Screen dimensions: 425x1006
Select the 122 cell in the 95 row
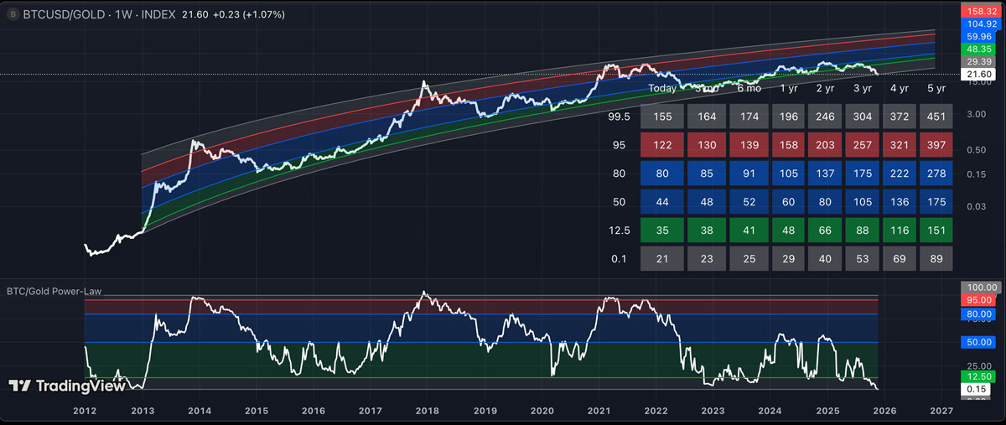click(x=662, y=145)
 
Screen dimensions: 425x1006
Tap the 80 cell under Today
click(x=662, y=174)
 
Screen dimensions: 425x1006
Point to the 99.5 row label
click(x=619, y=117)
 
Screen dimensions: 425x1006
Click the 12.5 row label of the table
click(x=619, y=231)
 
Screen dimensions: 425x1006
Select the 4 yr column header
click(x=899, y=88)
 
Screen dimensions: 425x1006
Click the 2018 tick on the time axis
click(x=428, y=412)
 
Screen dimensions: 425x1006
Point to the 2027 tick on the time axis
click(x=942, y=412)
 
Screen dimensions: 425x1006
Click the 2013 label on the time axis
click(x=142, y=412)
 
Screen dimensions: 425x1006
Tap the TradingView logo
click(x=67, y=386)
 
